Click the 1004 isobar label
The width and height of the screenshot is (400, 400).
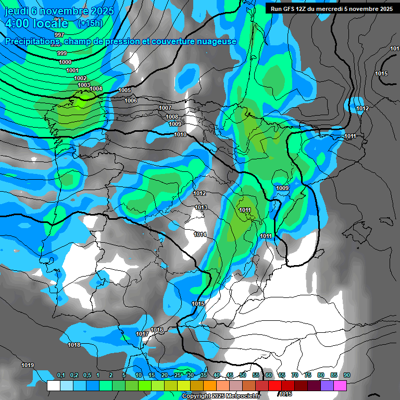click(96, 89)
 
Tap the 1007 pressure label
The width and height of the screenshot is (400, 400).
click(165, 108)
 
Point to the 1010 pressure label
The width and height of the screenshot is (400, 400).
click(180, 134)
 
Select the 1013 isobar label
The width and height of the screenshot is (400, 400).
click(201, 207)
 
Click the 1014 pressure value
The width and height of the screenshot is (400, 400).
click(200, 234)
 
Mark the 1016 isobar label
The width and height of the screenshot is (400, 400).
click(157, 330)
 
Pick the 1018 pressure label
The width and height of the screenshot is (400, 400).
click(74, 345)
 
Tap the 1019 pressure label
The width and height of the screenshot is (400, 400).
click(28, 365)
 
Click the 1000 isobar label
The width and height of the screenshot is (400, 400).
click(65, 62)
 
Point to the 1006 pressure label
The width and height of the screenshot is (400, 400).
click(131, 101)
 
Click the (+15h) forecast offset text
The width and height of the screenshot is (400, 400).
click(90, 23)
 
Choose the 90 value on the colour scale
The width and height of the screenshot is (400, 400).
click(347, 375)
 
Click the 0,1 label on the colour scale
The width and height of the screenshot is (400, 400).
click(61, 375)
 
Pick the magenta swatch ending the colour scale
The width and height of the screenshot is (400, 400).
click(340, 385)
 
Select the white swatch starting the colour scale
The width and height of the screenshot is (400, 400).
click(53, 385)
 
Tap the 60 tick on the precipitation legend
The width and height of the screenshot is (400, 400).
click(269, 375)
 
